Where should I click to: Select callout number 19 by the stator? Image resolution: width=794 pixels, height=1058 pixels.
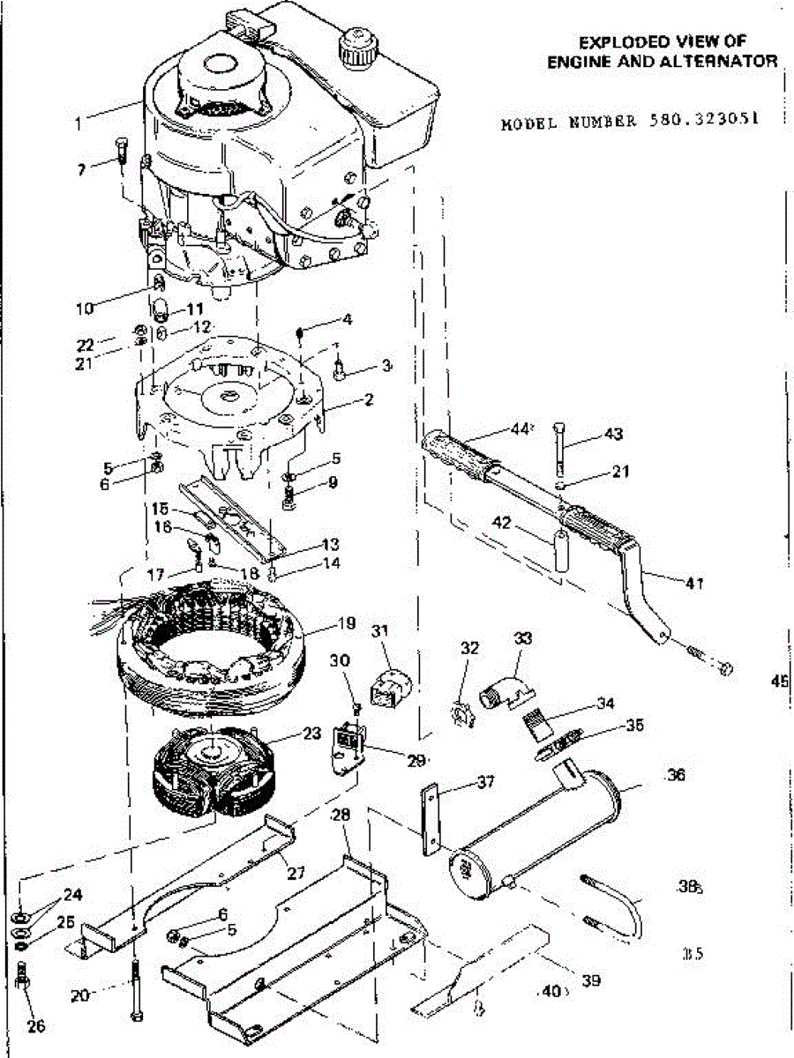click(x=346, y=623)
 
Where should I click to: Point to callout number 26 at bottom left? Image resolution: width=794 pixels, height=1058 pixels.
click(x=35, y=1025)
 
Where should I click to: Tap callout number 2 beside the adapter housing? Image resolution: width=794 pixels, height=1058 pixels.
click(x=368, y=399)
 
